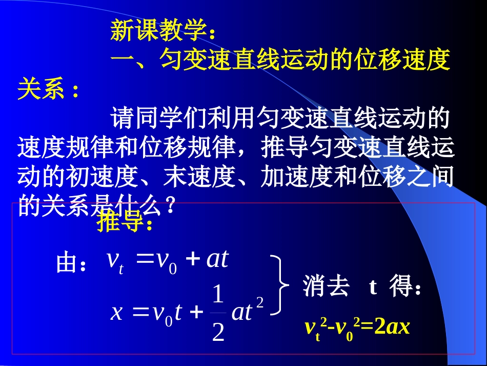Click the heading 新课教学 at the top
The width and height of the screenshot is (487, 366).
pyautogui.click(x=159, y=32)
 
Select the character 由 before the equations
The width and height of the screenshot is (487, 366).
pyautogui.click(x=67, y=264)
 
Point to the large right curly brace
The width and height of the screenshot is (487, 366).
pyautogui.click(x=280, y=285)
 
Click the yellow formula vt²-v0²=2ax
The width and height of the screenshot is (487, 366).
pyautogui.click(x=357, y=327)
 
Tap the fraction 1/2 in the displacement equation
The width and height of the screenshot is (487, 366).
pyautogui.click(x=218, y=314)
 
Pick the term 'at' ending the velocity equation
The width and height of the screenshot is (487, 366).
pyautogui.click(x=217, y=260)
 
